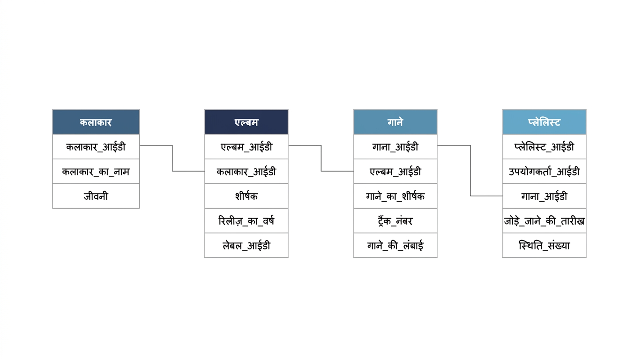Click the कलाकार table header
[x=96, y=122]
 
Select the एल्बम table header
[x=246, y=122]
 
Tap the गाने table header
[x=396, y=122]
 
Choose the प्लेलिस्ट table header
[x=544, y=122]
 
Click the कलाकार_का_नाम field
[x=96, y=172]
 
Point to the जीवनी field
[x=96, y=196]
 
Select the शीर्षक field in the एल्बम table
[x=246, y=196]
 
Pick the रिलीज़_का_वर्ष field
[x=246, y=221]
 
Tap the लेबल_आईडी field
[x=246, y=245]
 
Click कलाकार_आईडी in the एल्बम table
[x=246, y=172]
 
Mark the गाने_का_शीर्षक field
[x=396, y=196]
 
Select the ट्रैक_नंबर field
[x=396, y=221]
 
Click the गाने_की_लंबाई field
[x=396, y=245]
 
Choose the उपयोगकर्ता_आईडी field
[x=544, y=172]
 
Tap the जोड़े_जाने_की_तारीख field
[x=544, y=221]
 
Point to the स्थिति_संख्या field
[x=544, y=245]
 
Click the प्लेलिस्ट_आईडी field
[x=544, y=147]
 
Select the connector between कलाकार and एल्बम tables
[x=172, y=158]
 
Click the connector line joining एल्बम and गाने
[x=321, y=158]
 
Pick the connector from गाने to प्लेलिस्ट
[x=470, y=171]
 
